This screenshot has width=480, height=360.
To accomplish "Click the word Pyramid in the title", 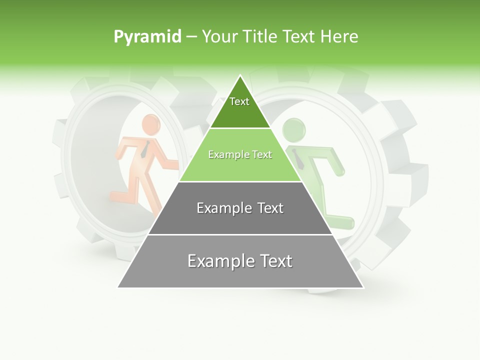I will point(147,37).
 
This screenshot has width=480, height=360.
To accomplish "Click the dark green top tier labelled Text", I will point(239,107).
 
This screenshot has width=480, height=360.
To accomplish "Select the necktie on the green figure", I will point(298,159).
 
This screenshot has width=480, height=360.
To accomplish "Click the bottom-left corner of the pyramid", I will point(118,287).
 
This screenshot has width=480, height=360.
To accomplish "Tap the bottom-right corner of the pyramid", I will point(363,287).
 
